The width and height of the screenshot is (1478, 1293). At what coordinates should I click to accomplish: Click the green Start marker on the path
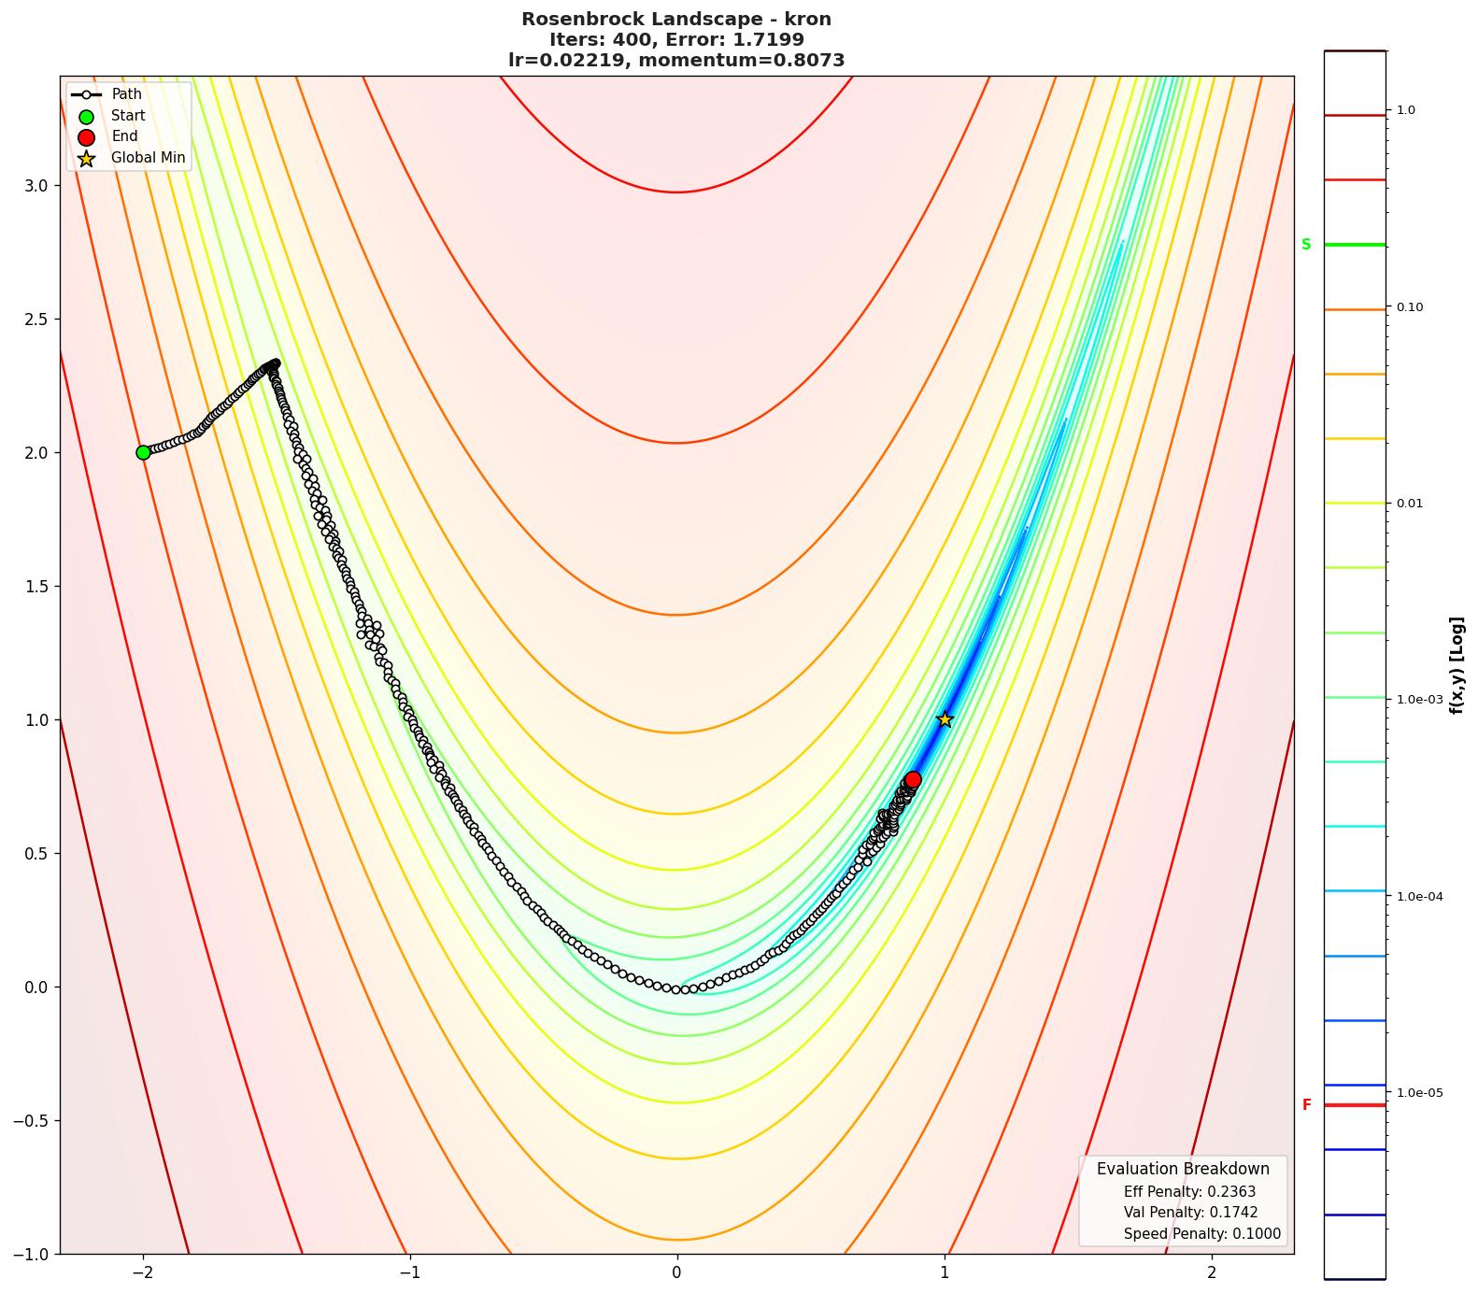[x=143, y=452]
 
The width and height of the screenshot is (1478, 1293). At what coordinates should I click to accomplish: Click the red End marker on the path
[x=913, y=779]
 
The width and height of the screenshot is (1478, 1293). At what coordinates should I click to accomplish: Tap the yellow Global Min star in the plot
[x=945, y=719]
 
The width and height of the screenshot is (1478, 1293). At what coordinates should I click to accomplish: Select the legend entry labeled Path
[x=126, y=94]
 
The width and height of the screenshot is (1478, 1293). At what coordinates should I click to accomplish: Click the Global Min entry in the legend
[x=148, y=158]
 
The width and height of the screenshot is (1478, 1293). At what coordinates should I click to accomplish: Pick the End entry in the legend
[x=124, y=136]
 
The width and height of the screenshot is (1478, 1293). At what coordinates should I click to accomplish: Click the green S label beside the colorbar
[x=1306, y=245]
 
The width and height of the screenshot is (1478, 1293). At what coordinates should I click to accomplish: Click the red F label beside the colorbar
[x=1306, y=1105]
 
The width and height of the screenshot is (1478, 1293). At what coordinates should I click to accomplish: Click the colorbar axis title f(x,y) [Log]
[x=1457, y=665]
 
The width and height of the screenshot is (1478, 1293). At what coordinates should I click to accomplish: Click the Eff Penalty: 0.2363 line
[x=1189, y=1192]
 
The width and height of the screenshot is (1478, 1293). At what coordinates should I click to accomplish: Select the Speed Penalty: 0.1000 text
[x=1201, y=1234]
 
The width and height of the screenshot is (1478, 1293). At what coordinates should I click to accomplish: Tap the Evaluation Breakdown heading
[x=1183, y=1169]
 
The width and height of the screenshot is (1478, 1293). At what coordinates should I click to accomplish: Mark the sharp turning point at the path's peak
[x=275, y=363]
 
